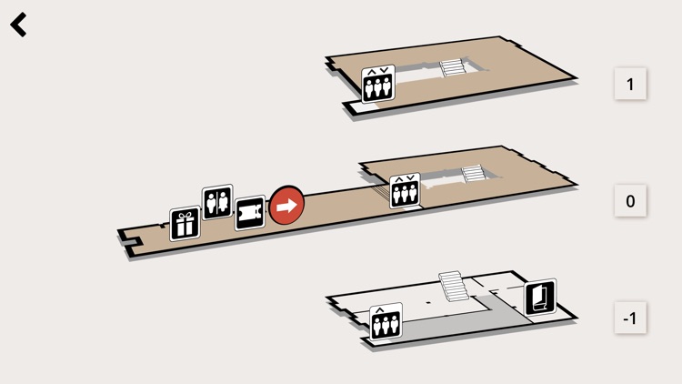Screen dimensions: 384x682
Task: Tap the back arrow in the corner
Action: pos(19,25)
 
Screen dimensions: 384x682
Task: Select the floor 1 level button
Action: pos(630,84)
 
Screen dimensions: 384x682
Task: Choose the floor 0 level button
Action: pos(630,201)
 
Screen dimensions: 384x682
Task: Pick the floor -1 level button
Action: pos(630,318)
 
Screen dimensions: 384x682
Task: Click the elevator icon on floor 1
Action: pos(377,85)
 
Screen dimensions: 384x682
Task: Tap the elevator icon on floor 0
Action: pos(405,192)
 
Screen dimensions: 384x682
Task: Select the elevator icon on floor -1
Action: pos(386,322)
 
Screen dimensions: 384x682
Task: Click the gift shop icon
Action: pos(186,224)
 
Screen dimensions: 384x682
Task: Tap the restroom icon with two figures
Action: pos(217,202)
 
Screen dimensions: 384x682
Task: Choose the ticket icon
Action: pos(250,214)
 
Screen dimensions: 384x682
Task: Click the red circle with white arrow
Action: pos(286,206)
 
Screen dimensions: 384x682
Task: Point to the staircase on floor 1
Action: pos(452,68)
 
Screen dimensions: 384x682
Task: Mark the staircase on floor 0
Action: pos(473,173)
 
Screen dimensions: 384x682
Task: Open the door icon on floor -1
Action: pos(540,298)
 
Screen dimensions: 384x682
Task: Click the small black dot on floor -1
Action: pos(427,301)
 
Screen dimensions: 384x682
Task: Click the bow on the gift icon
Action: pos(186,216)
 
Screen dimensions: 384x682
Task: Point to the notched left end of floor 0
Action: pos(130,241)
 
